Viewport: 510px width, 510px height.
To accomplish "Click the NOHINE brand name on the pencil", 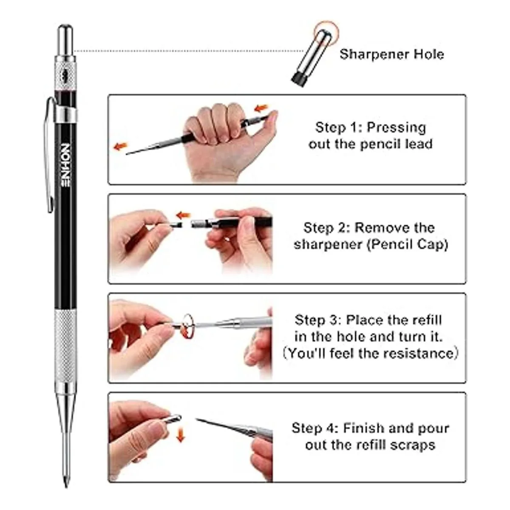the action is coord(65,166).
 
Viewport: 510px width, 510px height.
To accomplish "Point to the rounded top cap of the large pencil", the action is coord(65,40).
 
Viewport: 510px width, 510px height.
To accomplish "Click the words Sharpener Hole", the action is coord(392,54).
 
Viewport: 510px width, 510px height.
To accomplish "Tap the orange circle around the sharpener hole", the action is coord(326,33).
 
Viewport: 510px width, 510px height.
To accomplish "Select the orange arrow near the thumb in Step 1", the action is coord(261,108).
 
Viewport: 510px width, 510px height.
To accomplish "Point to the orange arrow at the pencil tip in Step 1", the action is coord(120,146).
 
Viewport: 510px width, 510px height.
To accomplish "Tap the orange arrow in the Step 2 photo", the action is coord(184,215).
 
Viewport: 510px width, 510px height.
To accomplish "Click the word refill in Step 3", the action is coord(427,320).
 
